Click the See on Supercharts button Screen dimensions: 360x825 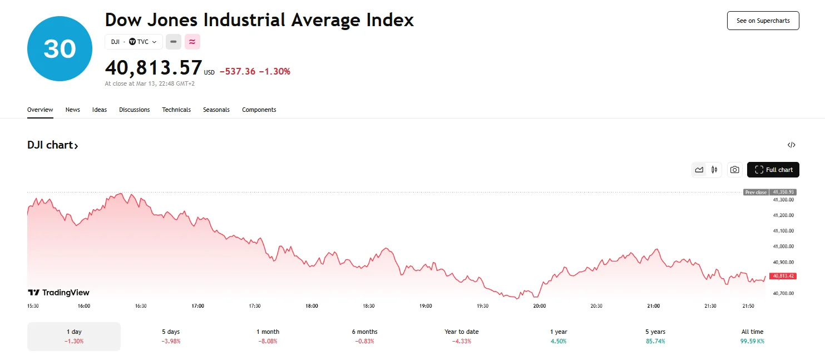click(763, 21)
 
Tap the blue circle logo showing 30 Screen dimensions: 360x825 click(60, 49)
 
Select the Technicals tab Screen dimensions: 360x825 click(176, 110)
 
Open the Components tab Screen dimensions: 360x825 click(259, 110)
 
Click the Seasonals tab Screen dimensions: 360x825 click(216, 110)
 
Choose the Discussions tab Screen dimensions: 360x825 click(134, 110)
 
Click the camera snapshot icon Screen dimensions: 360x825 click(734, 170)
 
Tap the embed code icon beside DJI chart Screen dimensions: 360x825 click(791, 145)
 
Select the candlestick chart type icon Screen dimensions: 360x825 click(714, 170)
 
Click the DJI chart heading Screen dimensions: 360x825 click(52, 145)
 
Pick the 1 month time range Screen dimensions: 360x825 click(268, 336)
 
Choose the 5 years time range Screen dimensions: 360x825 click(655, 336)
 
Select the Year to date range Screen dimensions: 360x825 click(461, 336)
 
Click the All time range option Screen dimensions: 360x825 click(752, 336)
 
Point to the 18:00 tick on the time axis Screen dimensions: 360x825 click(312, 306)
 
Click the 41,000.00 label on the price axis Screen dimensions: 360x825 click(783, 246)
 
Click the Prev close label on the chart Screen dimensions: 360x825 click(756, 192)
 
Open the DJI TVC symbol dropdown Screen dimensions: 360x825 click(134, 42)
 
